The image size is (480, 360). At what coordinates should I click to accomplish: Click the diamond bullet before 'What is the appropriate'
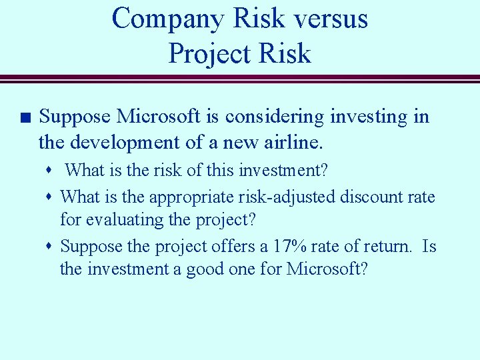click(51, 197)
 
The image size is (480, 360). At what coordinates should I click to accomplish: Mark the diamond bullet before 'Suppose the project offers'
click(51, 247)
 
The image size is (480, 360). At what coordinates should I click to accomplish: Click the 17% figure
click(289, 247)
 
